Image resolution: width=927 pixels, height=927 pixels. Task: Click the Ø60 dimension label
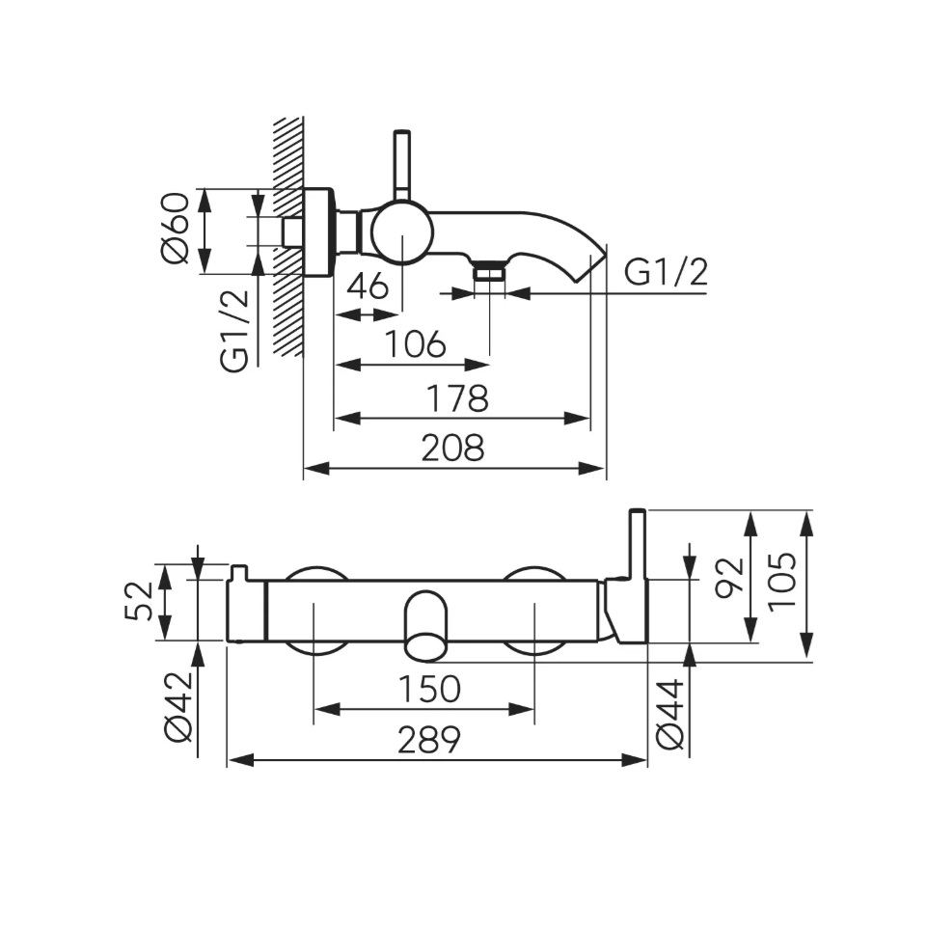pyautogui.click(x=175, y=229)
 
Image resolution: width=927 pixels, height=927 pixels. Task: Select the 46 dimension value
pyautogui.click(x=368, y=286)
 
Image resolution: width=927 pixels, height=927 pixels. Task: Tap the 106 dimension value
pyautogui.click(x=415, y=343)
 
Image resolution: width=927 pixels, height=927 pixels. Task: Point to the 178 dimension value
pyautogui.click(x=457, y=398)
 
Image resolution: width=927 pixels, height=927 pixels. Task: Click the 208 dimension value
pyautogui.click(x=452, y=448)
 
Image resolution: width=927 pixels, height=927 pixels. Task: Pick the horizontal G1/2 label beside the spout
pyautogui.click(x=666, y=273)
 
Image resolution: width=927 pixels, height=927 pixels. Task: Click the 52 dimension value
pyautogui.click(x=139, y=601)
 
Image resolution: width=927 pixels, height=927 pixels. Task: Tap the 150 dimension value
pyautogui.click(x=430, y=689)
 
